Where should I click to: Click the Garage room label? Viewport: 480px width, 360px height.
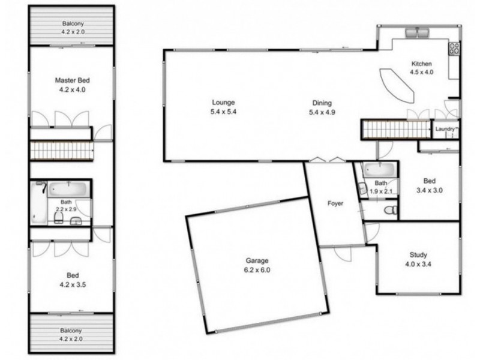(x=257, y=261)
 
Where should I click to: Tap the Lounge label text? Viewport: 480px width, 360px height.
(x=223, y=103)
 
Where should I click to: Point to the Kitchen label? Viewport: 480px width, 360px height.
(x=421, y=64)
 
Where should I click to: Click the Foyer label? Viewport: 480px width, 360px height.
(x=335, y=204)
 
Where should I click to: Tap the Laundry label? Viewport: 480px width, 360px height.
(x=445, y=128)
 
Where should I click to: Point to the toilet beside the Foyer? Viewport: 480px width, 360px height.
(x=390, y=209)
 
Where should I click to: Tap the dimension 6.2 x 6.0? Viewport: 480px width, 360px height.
(x=257, y=270)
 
